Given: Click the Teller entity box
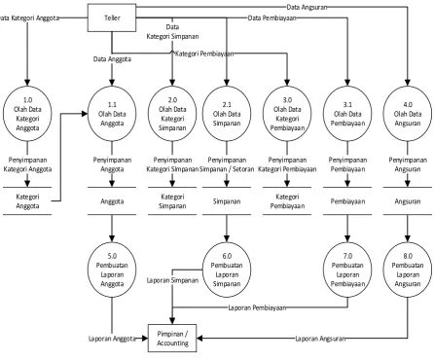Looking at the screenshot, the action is click(112, 18).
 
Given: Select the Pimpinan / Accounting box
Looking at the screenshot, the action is click(172, 339).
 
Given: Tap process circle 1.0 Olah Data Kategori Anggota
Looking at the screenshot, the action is click(27, 114).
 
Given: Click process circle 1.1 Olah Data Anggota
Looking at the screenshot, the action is click(112, 114).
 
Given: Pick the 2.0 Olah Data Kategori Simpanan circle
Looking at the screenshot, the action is click(172, 114).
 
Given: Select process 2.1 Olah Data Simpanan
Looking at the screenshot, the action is click(227, 114).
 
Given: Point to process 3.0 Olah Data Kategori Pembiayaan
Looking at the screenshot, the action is click(287, 114).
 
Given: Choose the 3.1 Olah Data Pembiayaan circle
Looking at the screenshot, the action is click(347, 114).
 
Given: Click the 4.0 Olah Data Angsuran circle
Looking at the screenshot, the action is click(408, 114).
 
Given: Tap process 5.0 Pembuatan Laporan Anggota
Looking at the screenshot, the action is click(112, 270).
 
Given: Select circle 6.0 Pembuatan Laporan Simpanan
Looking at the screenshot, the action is click(227, 270).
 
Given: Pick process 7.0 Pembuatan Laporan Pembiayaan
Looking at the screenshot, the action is click(347, 270).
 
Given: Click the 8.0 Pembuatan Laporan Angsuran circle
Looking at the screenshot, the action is click(408, 270).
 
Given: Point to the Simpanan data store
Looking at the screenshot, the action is click(227, 201).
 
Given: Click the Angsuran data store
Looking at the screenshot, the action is click(408, 201).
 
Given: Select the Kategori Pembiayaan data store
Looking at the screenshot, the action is click(287, 201).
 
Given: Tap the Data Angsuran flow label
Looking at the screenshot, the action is click(307, 7).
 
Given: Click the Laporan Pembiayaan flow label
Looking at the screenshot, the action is click(257, 307).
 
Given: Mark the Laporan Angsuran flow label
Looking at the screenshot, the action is click(320, 339).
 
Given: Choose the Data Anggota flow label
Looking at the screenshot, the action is click(112, 59).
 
